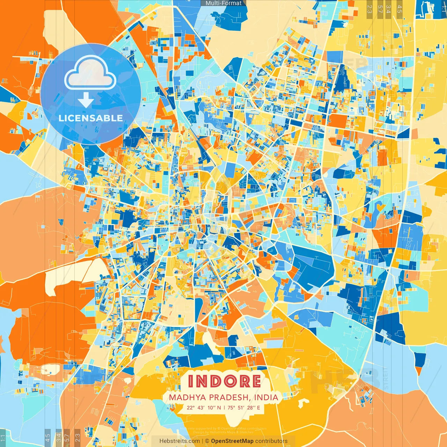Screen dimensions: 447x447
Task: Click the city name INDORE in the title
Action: tap(224, 381)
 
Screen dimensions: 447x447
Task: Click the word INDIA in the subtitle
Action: tap(266, 397)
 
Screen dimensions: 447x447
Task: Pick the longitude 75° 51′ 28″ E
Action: tap(244, 408)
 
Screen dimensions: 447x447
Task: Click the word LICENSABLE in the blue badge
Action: tap(91, 118)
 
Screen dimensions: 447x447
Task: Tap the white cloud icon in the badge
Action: tap(90, 72)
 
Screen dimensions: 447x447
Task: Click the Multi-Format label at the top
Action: tap(223, 3)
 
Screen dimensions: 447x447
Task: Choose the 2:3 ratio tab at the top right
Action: tap(370, 9)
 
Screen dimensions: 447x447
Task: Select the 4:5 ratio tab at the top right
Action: tap(399, 9)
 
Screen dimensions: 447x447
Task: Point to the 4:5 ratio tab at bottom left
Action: tap(48, 438)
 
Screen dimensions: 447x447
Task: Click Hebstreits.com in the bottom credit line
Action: tap(179, 441)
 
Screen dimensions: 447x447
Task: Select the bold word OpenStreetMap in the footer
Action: tap(232, 441)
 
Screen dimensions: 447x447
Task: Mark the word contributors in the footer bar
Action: tap(271, 441)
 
